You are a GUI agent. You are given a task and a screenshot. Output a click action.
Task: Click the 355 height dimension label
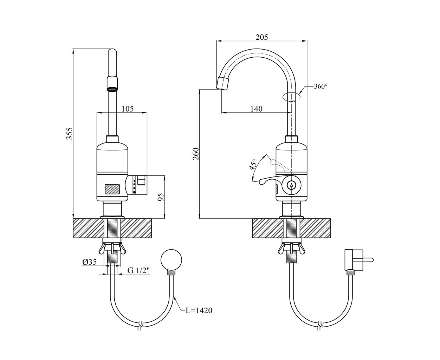[70, 134]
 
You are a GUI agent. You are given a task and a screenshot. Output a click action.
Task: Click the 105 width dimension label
[128, 109]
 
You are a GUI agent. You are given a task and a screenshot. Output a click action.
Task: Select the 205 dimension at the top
[261, 37]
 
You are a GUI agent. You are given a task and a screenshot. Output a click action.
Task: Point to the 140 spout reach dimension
[256, 109]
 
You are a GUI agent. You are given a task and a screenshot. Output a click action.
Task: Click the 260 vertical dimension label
[196, 154]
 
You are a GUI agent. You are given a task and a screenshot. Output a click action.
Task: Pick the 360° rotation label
[320, 86]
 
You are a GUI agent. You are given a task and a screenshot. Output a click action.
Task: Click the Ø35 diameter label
[90, 262]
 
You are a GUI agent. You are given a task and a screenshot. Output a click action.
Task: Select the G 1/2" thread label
[138, 270]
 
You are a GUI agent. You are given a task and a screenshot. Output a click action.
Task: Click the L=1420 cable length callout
[199, 310]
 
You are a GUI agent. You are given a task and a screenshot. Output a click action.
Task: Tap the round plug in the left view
[171, 259]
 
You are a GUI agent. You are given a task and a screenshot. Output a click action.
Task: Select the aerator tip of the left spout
[112, 85]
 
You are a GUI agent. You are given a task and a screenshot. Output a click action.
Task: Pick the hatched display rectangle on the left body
[112, 189]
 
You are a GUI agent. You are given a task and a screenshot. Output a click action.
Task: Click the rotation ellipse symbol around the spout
[291, 96]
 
